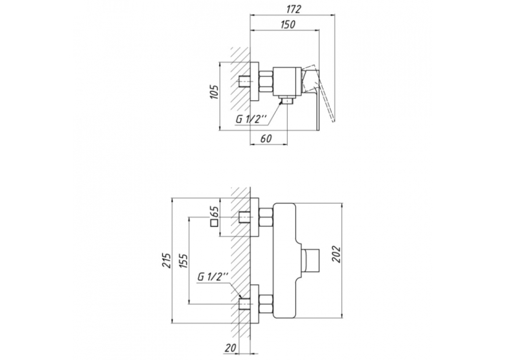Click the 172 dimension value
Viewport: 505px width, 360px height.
point(293,9)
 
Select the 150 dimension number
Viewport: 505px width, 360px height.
point(288,24)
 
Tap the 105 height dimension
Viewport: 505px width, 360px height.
point(215,92)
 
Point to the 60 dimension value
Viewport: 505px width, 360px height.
point(266,139)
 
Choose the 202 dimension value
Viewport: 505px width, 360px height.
point(336,254)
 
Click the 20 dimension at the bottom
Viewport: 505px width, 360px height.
point(230,347)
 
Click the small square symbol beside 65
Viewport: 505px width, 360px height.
point(215,224)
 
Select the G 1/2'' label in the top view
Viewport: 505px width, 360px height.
point(252,119)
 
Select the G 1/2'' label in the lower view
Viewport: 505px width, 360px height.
point(213,277)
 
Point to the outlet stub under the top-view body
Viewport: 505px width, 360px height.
point(286,100)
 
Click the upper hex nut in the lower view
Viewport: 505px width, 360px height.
point(266,217)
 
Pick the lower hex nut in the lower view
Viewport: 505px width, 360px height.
point(266,305)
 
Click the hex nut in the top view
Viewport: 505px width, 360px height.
point(266,82)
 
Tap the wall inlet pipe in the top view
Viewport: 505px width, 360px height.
point(244,82)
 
